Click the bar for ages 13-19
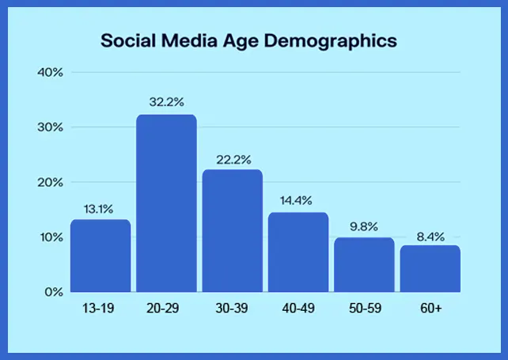point(100,255)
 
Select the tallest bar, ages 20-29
point(166,203)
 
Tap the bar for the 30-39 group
point(232,230)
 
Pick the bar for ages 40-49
point(298,252)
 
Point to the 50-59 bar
point(364,264)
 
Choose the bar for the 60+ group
point(430,268)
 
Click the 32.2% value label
point(166,101)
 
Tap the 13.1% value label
point(100,209)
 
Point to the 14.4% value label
point(298,199)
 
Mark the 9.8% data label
point(364,225)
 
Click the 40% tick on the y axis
point(50,73)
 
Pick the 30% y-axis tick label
point(50,127)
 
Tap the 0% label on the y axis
point(54,292)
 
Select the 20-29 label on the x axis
point(166,308)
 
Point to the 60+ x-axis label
point(430,308)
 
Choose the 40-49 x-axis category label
point(298,308)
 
